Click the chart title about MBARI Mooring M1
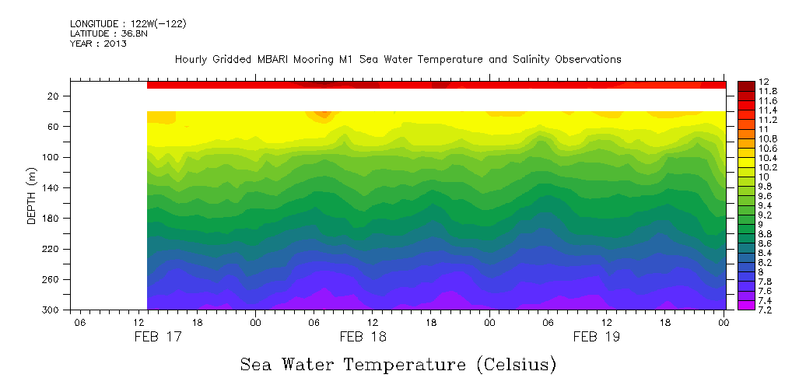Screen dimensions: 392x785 coord(398,59)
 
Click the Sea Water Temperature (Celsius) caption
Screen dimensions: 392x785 coord(398,364)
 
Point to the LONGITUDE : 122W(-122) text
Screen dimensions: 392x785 coord(128,24)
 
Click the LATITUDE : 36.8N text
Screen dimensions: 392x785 coord(107,33)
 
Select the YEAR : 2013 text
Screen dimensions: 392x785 coord(98,44)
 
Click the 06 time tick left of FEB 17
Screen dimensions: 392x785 coord(79,322)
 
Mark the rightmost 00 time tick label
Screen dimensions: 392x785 coord(724,322)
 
